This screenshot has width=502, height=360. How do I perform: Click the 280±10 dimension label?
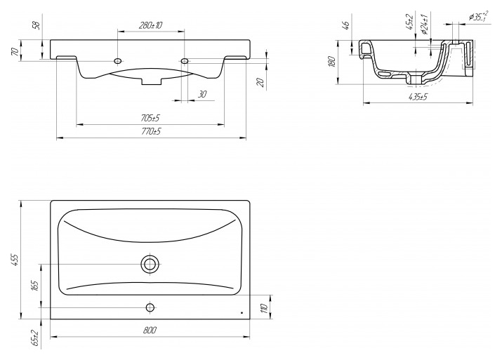(x=150, y=25)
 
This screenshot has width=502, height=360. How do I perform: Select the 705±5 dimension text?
(x=150, y=118)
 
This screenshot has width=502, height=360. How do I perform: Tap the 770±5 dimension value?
(x=151, y=131)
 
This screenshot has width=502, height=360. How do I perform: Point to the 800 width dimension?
(x=150, y=330)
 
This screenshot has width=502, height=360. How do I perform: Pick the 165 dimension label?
(x=35, y=286)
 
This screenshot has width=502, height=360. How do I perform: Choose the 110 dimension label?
(x=264, y=308)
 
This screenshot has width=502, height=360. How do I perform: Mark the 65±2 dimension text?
(x=35, y=338)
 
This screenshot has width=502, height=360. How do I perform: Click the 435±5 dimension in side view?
(x=418, y=97)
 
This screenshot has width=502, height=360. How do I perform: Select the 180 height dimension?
(x=332, y=61)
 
